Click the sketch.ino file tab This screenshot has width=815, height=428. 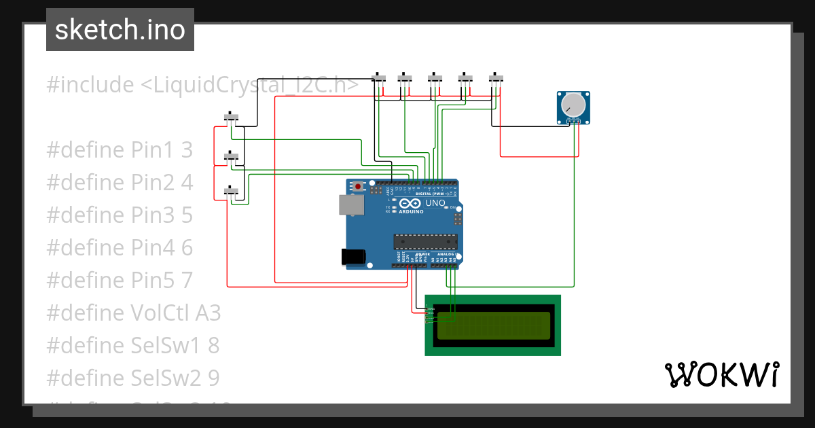coord(120,30)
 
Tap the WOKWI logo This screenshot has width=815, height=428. coord(721,374)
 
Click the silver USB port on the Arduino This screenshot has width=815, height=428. coord(351,204)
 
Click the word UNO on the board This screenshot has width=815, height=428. coord(435,203)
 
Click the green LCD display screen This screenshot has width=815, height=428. coord(493,325)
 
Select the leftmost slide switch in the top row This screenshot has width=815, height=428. coord(380,79)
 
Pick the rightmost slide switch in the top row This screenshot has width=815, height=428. coord(496,79)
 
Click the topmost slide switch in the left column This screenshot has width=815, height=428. coord(232,118)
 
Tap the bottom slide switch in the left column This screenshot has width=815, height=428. coord(232,193)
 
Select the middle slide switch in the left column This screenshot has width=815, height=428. coord(232,158)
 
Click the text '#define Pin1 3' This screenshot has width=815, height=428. coord(120,150)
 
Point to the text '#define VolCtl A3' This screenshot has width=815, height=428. coord(134,313)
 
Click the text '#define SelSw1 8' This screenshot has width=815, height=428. coord(133,346)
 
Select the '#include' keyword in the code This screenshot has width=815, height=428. coord(90,86)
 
